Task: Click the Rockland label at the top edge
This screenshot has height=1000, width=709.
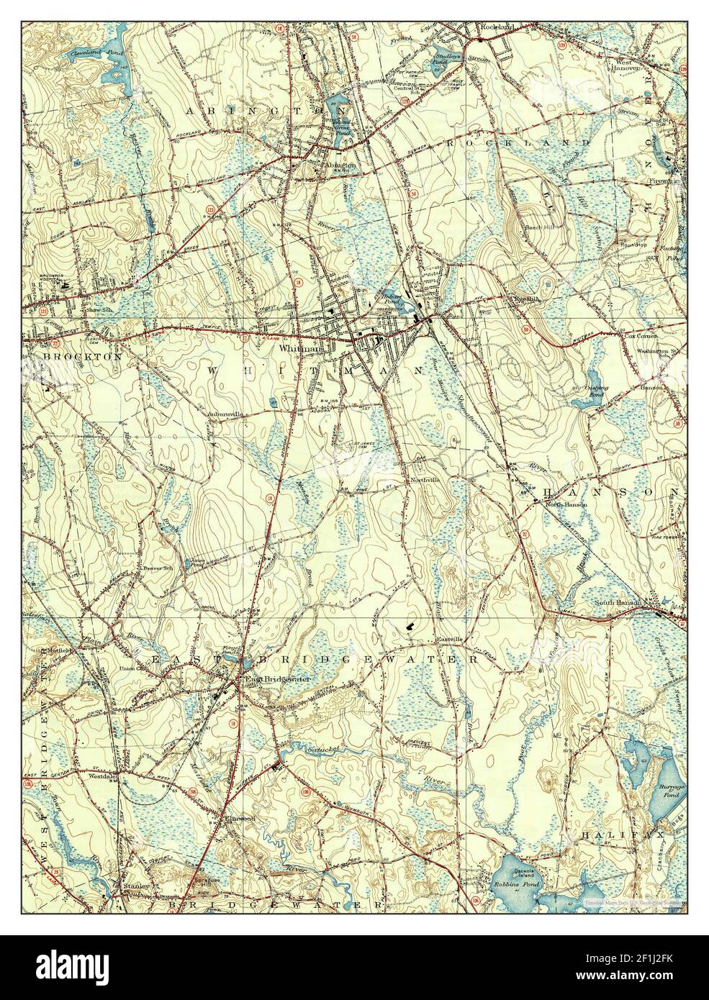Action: tap(497, 27)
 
